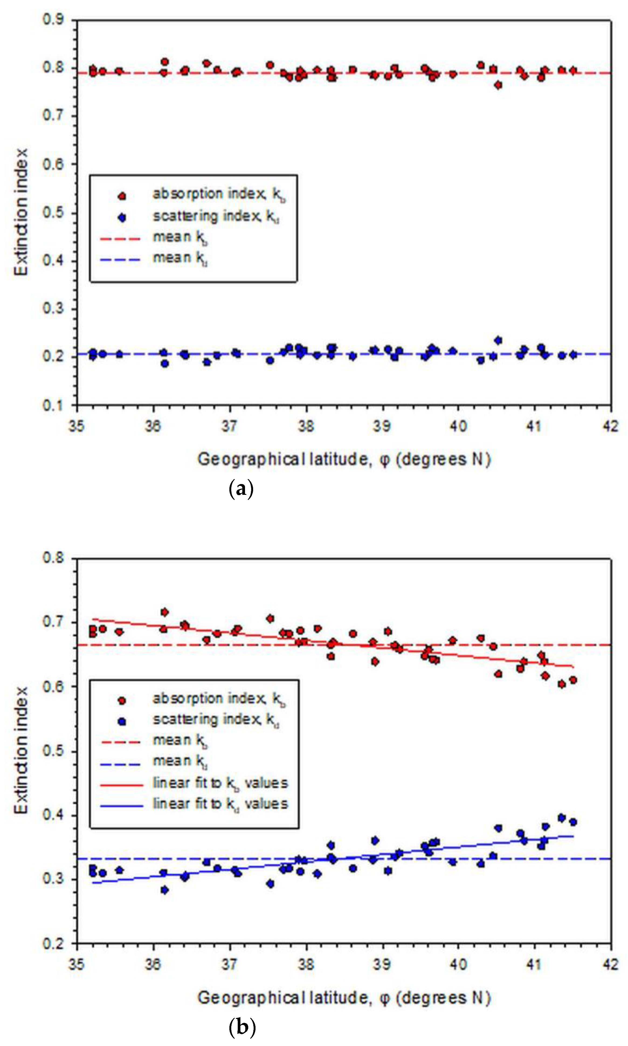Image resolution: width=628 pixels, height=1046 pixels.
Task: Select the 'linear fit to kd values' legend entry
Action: [x=220, y=803]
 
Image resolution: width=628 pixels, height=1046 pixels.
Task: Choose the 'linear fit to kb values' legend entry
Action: [x=220, y=783]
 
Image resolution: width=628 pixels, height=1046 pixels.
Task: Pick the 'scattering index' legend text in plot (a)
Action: [x=216, y=216]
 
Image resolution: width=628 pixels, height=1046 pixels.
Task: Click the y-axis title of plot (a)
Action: [x=21, y=212]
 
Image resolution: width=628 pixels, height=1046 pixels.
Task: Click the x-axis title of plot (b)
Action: [x=344, y=998]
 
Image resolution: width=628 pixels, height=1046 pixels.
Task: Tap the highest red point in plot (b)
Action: [x=165, y=612]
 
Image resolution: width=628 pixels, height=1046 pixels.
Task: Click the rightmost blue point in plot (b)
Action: [x=573, y=822]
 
